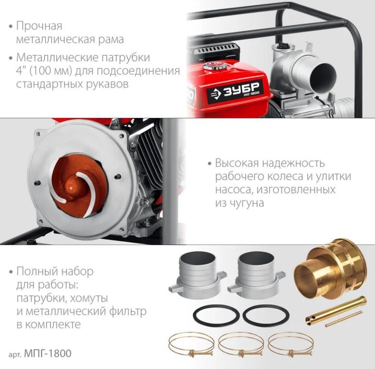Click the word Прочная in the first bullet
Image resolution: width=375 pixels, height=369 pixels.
(39, 25)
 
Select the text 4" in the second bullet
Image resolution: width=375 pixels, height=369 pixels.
(21, 71)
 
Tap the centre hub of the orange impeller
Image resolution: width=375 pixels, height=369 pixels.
(72, 187)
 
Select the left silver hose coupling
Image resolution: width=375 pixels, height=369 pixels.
(197, 274)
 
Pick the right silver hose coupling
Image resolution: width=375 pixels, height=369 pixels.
(256, 274)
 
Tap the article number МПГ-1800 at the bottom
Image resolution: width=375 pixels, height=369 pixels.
(48, 353)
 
